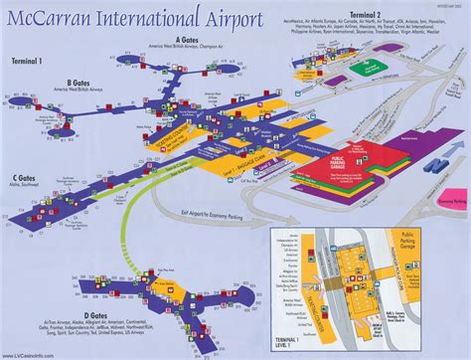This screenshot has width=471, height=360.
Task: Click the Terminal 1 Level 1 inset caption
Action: tap(295, 341)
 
